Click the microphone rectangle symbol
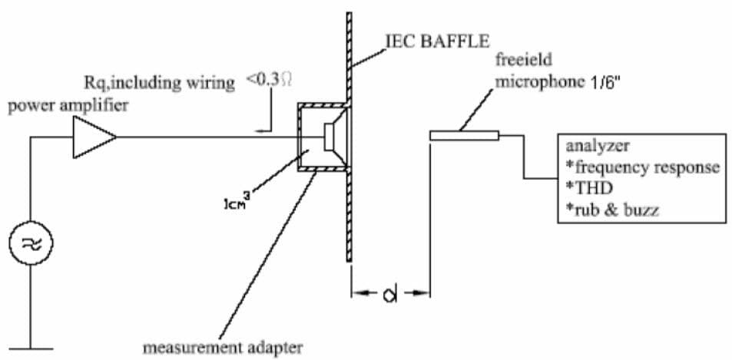pos(464,137)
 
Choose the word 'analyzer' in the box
pos(594,145)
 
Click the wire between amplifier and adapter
pos(207,138)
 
